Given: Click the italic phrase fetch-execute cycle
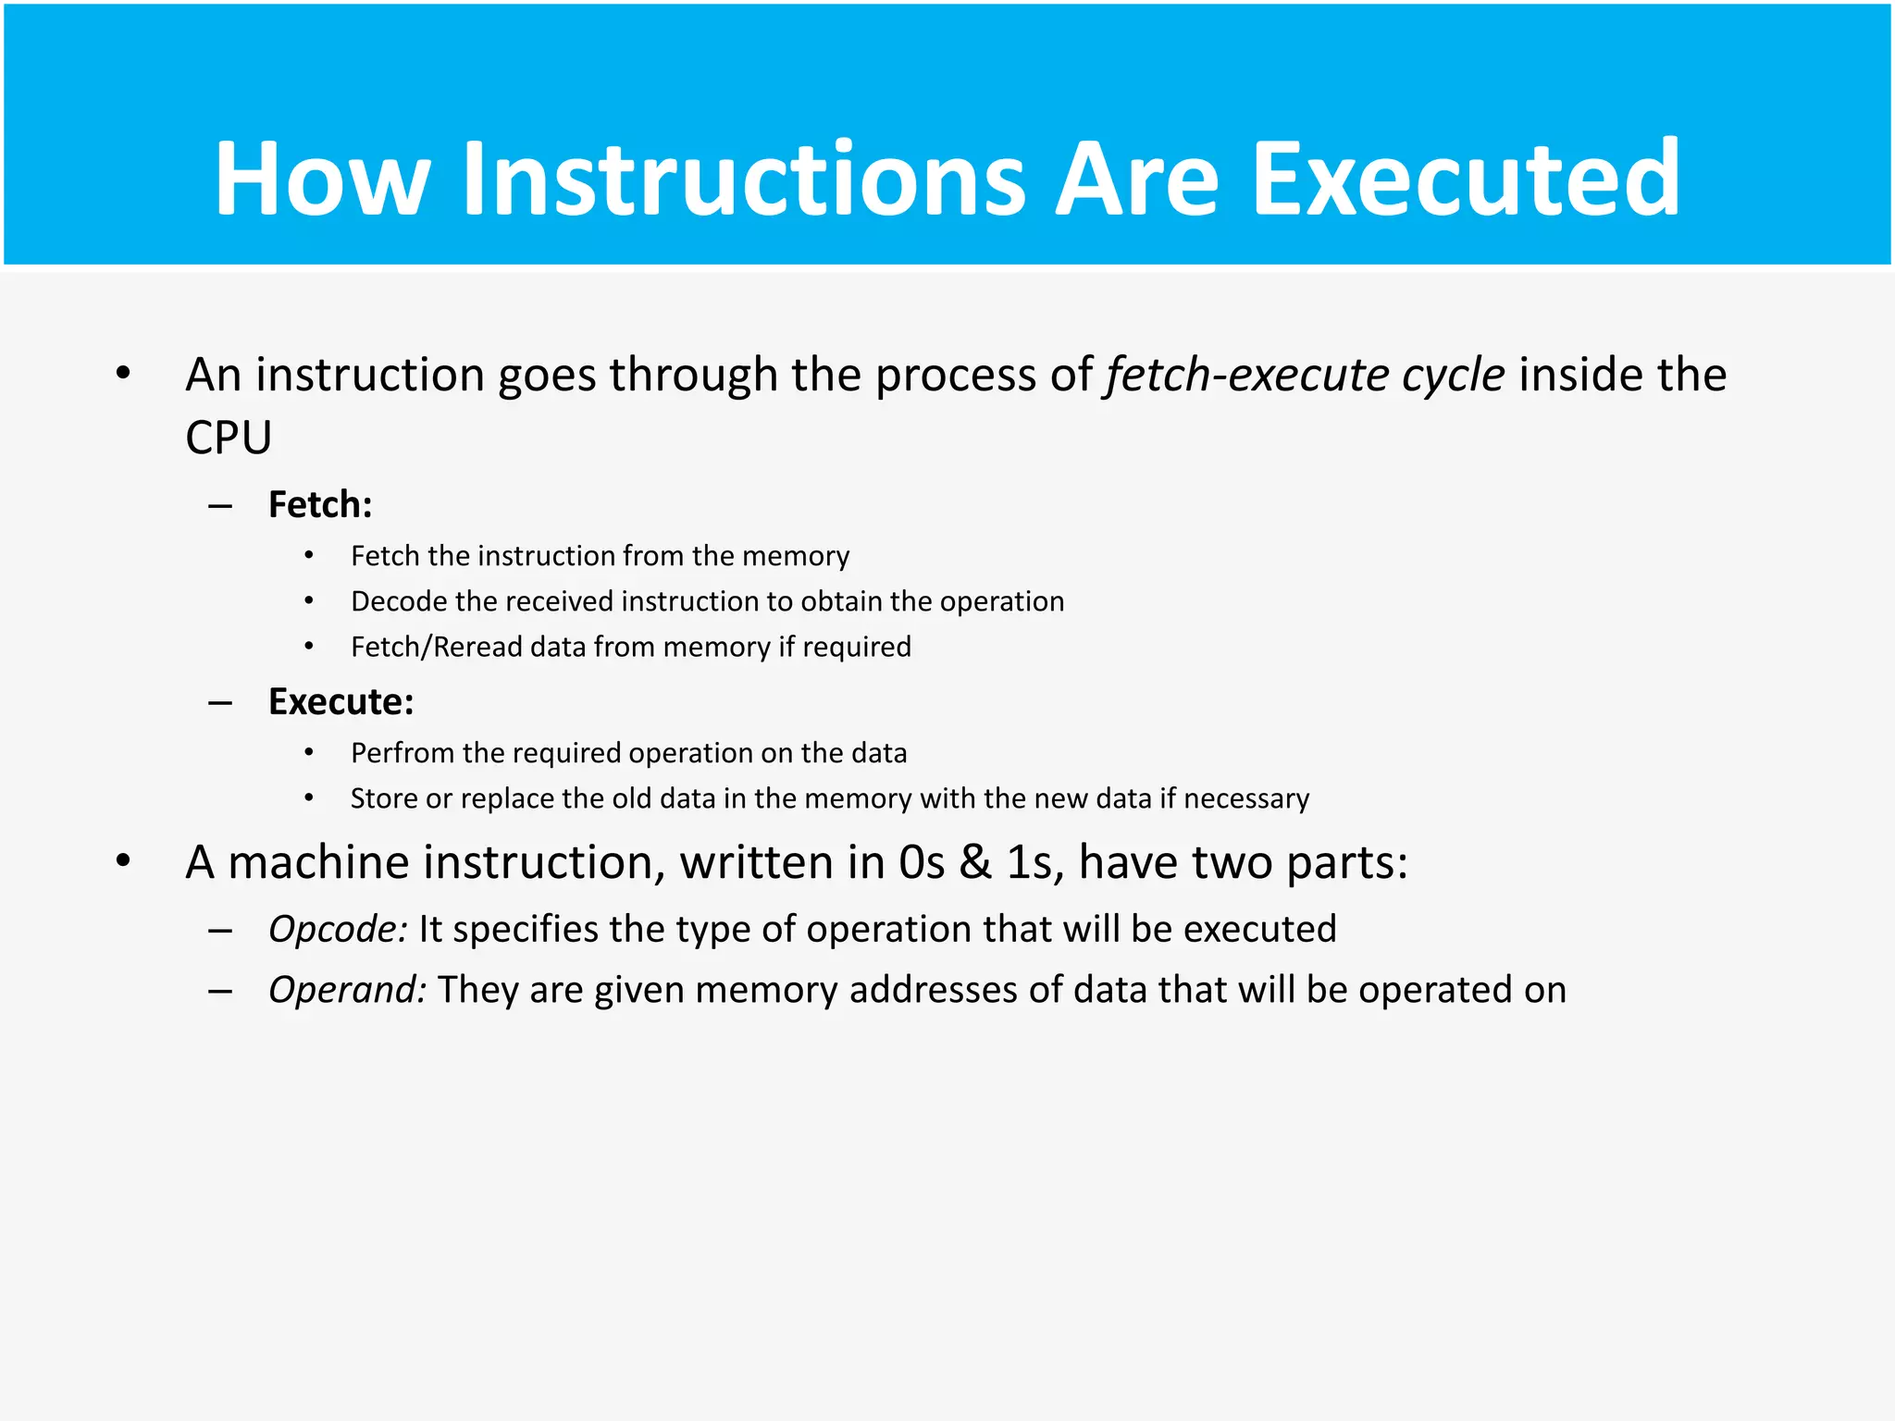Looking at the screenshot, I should pos(1305,376).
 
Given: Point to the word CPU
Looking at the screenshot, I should pos(229,438).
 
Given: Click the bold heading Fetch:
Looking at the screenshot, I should pos(320,504).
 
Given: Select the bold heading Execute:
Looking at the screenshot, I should pos(341,701).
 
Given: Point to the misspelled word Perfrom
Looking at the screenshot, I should pos(402,753).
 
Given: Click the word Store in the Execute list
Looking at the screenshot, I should pos(383,798).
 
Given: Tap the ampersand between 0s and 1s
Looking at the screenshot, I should pos(974,863).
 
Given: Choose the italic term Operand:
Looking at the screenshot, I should pos(347,990).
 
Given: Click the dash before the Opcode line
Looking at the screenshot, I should pos(220,930).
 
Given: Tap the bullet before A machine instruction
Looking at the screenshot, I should pos(123,861).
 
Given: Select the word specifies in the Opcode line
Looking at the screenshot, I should pos(525,930).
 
